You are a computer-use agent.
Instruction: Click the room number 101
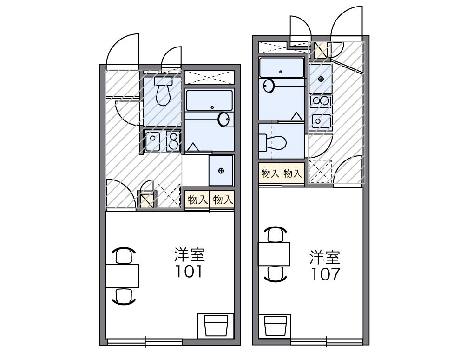coord(189,271)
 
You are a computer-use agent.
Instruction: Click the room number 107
coord(325,274)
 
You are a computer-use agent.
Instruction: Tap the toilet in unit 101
coord(163,93)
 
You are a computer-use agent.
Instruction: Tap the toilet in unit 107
coord(277,142)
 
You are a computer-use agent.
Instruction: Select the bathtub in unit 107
coord(282,67)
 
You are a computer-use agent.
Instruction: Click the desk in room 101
coord(123,275)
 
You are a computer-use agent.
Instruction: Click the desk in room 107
coord(274,254)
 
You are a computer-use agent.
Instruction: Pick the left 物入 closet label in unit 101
coord(197,200)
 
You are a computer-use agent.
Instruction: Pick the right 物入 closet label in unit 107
coord(293,174)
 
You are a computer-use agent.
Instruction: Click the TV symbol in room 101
coord(216,325)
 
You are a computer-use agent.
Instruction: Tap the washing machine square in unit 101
coord(221,170)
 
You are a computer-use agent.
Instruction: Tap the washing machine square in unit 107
coord(321,79)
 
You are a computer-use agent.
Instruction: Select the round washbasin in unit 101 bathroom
coord(224,120)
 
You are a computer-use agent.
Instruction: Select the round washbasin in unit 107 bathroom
coord(269,86)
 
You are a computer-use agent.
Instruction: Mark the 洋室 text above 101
coord(189,255)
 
